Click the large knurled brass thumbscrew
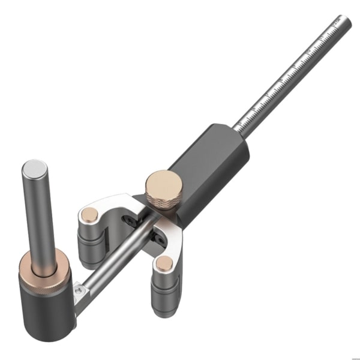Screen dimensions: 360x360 [x=163, y=188]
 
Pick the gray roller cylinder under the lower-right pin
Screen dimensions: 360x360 [x=164, y=294]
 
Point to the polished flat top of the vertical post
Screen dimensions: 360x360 [x=35, y=167]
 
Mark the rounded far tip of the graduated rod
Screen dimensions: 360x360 [x=346, y=20]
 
